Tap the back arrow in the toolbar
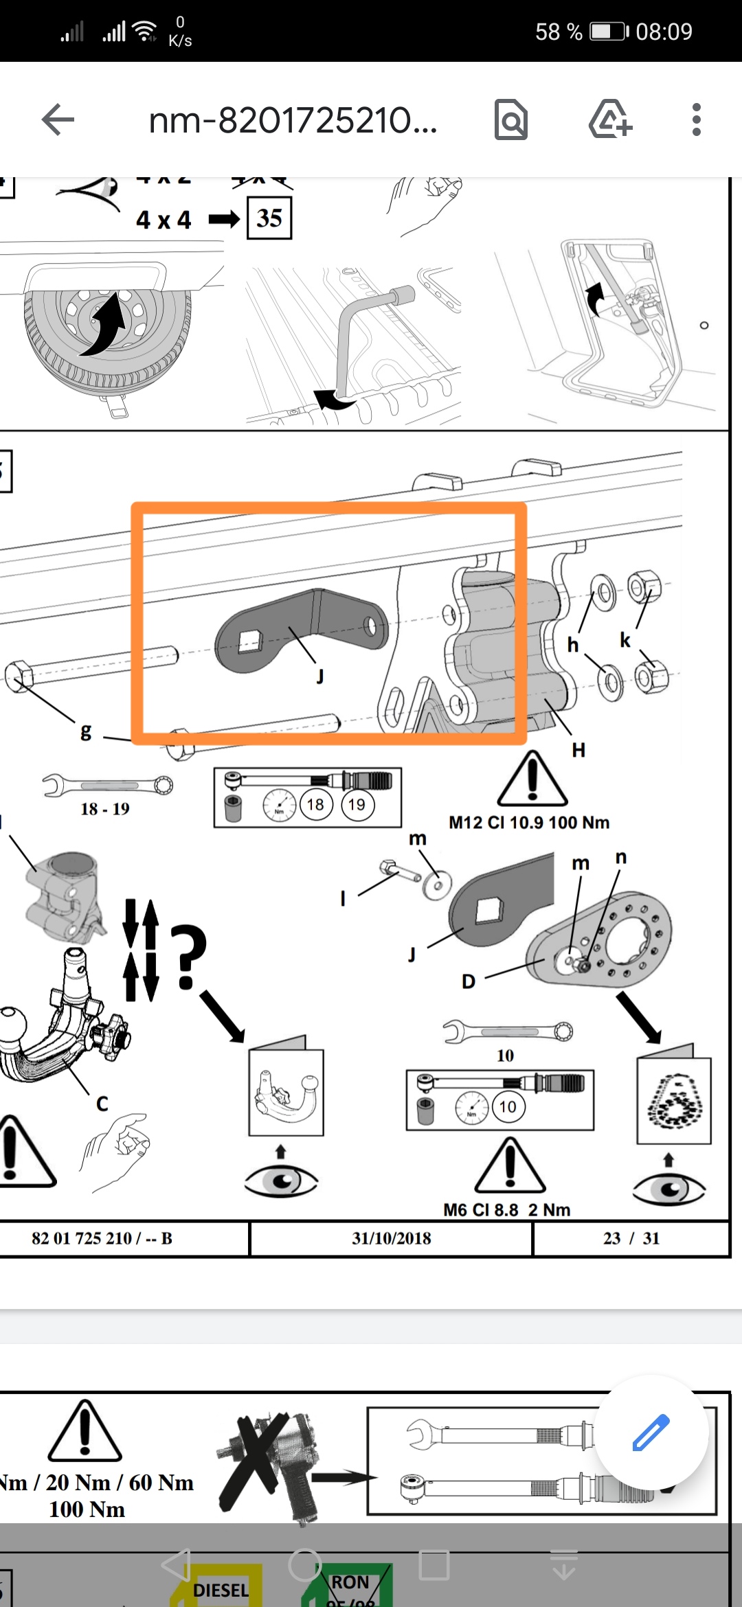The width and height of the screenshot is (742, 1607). tap(58, 120)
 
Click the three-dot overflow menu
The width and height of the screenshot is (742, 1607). tap(696, 120)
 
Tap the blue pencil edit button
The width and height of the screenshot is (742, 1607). tap(650, 1432)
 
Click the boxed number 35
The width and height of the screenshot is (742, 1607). tap(269, 218)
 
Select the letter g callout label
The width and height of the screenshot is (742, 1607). tap(86, 731)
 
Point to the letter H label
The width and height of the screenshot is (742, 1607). tap(578, 750)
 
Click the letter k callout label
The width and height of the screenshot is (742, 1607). tap(625, 641)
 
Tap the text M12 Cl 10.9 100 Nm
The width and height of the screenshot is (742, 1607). tap(529, 822)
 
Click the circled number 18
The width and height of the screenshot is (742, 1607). tap(315, 804)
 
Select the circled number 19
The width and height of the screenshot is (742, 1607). tap(357, 804)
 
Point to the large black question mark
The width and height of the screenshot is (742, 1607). tap(188, 957)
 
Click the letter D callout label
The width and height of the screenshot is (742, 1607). tap(469, 981)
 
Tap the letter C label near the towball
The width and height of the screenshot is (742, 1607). tap(102, 1104)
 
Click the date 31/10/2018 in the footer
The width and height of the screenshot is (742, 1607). tap(392, 1238)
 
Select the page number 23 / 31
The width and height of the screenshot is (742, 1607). tap(631, 1238)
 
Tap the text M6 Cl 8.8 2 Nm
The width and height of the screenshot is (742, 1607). tap(507, 1209)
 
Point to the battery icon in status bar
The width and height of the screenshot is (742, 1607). tap(609, 32)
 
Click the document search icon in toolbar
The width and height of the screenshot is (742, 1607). tap(510, 120)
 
